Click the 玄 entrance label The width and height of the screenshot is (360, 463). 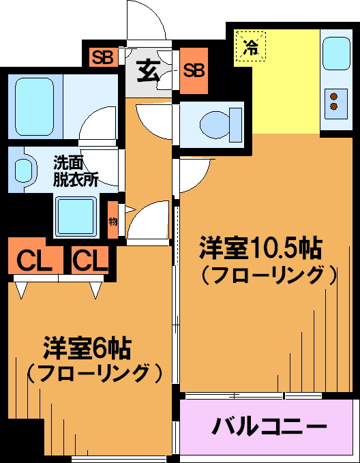tap(149, 71)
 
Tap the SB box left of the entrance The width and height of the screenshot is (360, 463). tap(104, 57)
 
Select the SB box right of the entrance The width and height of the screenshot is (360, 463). tap(194, 70)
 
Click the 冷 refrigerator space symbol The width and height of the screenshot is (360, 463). tap(251, 46)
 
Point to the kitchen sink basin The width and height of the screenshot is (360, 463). tap(336, 53)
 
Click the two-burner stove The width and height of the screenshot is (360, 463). tap(335, 104)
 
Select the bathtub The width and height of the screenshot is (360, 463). tap(35, 106)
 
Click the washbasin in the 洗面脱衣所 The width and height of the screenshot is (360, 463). tap(25, 170)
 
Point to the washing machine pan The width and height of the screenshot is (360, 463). tap(76, 216)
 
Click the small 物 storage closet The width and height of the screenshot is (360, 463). tap(112, 220)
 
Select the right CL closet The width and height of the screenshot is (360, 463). tap(90, 260)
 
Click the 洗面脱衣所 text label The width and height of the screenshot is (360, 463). tap(75, 171)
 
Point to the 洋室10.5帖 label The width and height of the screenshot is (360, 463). tap(260, 248)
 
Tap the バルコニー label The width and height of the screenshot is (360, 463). tap(269, 426)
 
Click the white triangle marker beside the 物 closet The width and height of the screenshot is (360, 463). tap(130, 210)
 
